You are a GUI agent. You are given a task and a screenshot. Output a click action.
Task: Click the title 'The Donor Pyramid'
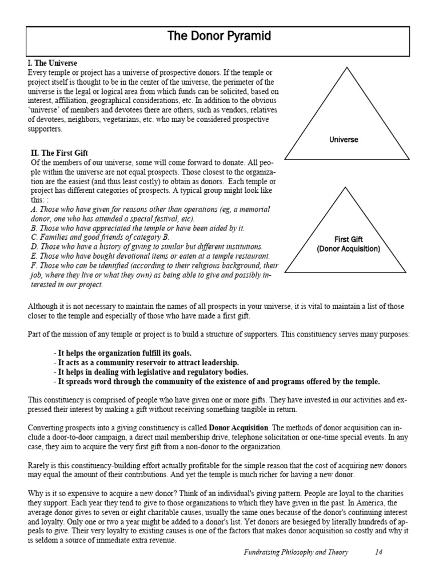(x=218, y=37)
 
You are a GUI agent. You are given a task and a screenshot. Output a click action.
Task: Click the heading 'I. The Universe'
(x=53, y=63)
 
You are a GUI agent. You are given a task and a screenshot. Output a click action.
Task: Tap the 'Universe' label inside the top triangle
(x=344, y=140)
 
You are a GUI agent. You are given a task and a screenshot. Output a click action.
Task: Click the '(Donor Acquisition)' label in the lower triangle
(x=348, y=249)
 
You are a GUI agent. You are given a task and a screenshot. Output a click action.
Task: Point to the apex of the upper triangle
(x=344, y=67)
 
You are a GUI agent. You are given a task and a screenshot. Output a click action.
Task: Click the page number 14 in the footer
(x=379, y=568)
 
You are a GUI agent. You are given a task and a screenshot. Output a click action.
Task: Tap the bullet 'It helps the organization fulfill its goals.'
(x=123, y=353)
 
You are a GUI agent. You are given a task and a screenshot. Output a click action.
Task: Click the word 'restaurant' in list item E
(x=251, y=256)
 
